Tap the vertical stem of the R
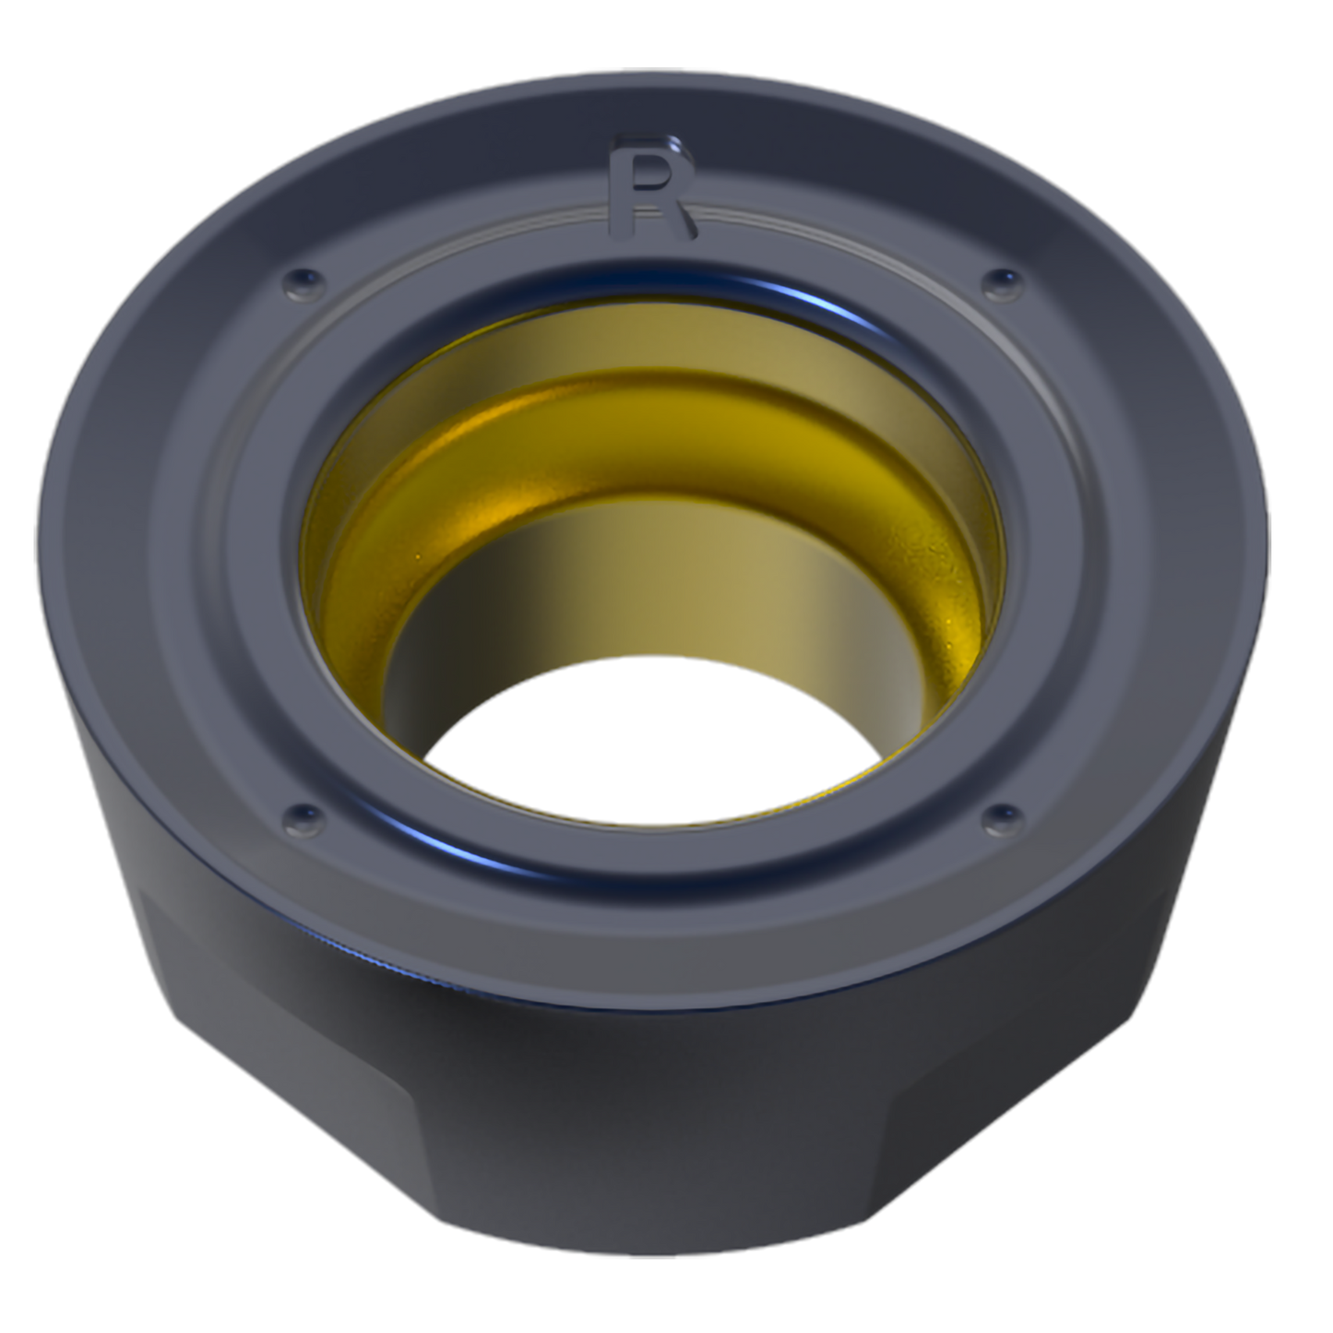click(x=621, y=188)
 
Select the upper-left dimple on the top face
click(x=304, y=283)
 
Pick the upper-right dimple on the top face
click(x=1003, y=284)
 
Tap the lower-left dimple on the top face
click(x=304, y=820)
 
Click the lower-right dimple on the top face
click(x=1003, y=820)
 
